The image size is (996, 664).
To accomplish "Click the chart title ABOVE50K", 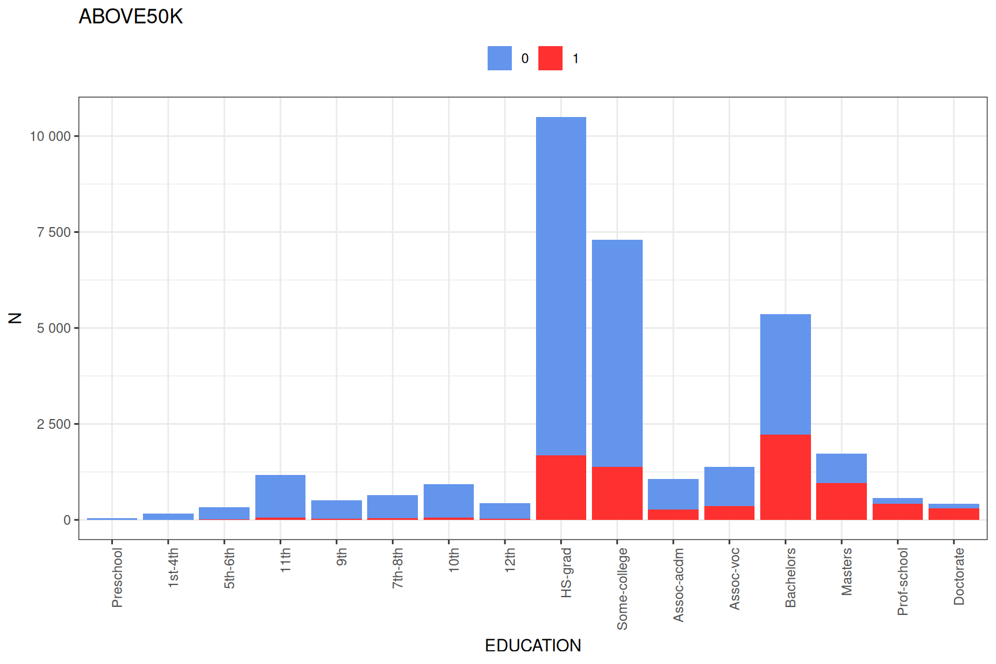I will coord(130,17).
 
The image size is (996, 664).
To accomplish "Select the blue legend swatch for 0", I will coord(499,58).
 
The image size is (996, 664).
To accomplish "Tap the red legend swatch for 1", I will coord(550,58).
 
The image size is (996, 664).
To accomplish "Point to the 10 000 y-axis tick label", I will coord(50,137).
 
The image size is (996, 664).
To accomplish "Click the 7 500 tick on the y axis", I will coord(54,232).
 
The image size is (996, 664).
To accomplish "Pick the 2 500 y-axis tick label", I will coord(54,424).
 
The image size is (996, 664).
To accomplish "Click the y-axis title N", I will coord(15,318).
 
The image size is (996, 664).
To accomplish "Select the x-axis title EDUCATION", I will coord(533,646).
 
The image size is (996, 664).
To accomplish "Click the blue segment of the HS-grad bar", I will coord(561,285).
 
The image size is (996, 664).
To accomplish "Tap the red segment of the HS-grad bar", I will coord(561,488).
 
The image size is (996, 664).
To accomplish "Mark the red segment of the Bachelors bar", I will coord(785,477).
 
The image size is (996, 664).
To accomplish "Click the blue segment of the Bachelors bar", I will coord(785,374).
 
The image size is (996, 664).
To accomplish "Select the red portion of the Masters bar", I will coord(841,501).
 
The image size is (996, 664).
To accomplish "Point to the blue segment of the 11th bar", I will coord(280,496).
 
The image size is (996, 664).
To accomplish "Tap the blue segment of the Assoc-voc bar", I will coord(729,486).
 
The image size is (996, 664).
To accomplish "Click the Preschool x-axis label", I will coord(117,578).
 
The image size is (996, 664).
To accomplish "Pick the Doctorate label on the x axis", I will coord(959,576).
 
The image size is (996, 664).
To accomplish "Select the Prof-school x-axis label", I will coord(903,581).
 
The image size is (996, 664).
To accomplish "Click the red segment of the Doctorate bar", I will coord(953,514).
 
